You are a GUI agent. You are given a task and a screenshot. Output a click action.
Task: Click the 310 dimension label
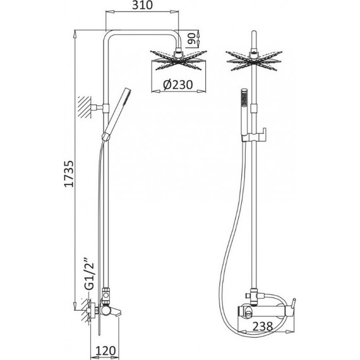click(x=142, y=5)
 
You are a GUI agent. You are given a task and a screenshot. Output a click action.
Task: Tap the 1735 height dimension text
click(x=69, y=174)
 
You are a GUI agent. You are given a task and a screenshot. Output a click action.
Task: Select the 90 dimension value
click(x=191, y=39)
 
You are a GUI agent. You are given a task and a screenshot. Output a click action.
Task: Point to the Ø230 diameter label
click(x=178, y=85)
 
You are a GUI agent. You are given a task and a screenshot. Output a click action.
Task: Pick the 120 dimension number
click(x=105, y=351)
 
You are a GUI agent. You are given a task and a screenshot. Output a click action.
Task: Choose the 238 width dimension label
click(x=263, y=327)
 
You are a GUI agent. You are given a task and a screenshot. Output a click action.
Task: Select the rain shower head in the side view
click(x=178, y=60)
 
